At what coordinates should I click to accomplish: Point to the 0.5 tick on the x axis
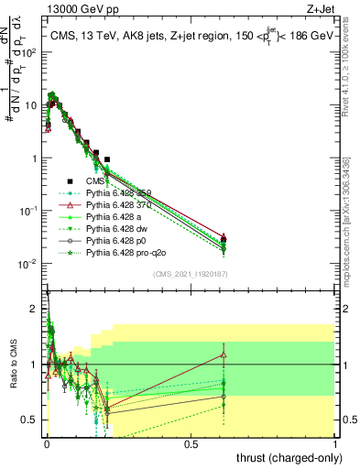click(x=191, y=443)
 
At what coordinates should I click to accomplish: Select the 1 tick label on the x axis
click(x=336, y=443)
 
